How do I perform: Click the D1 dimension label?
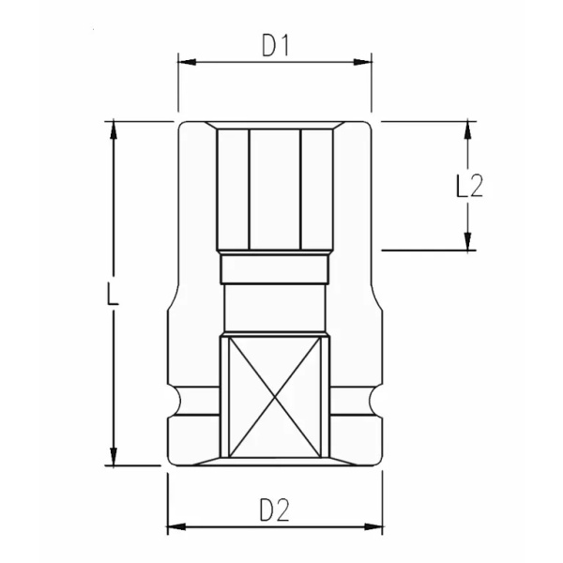(274, 45)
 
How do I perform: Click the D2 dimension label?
(274, 510)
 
